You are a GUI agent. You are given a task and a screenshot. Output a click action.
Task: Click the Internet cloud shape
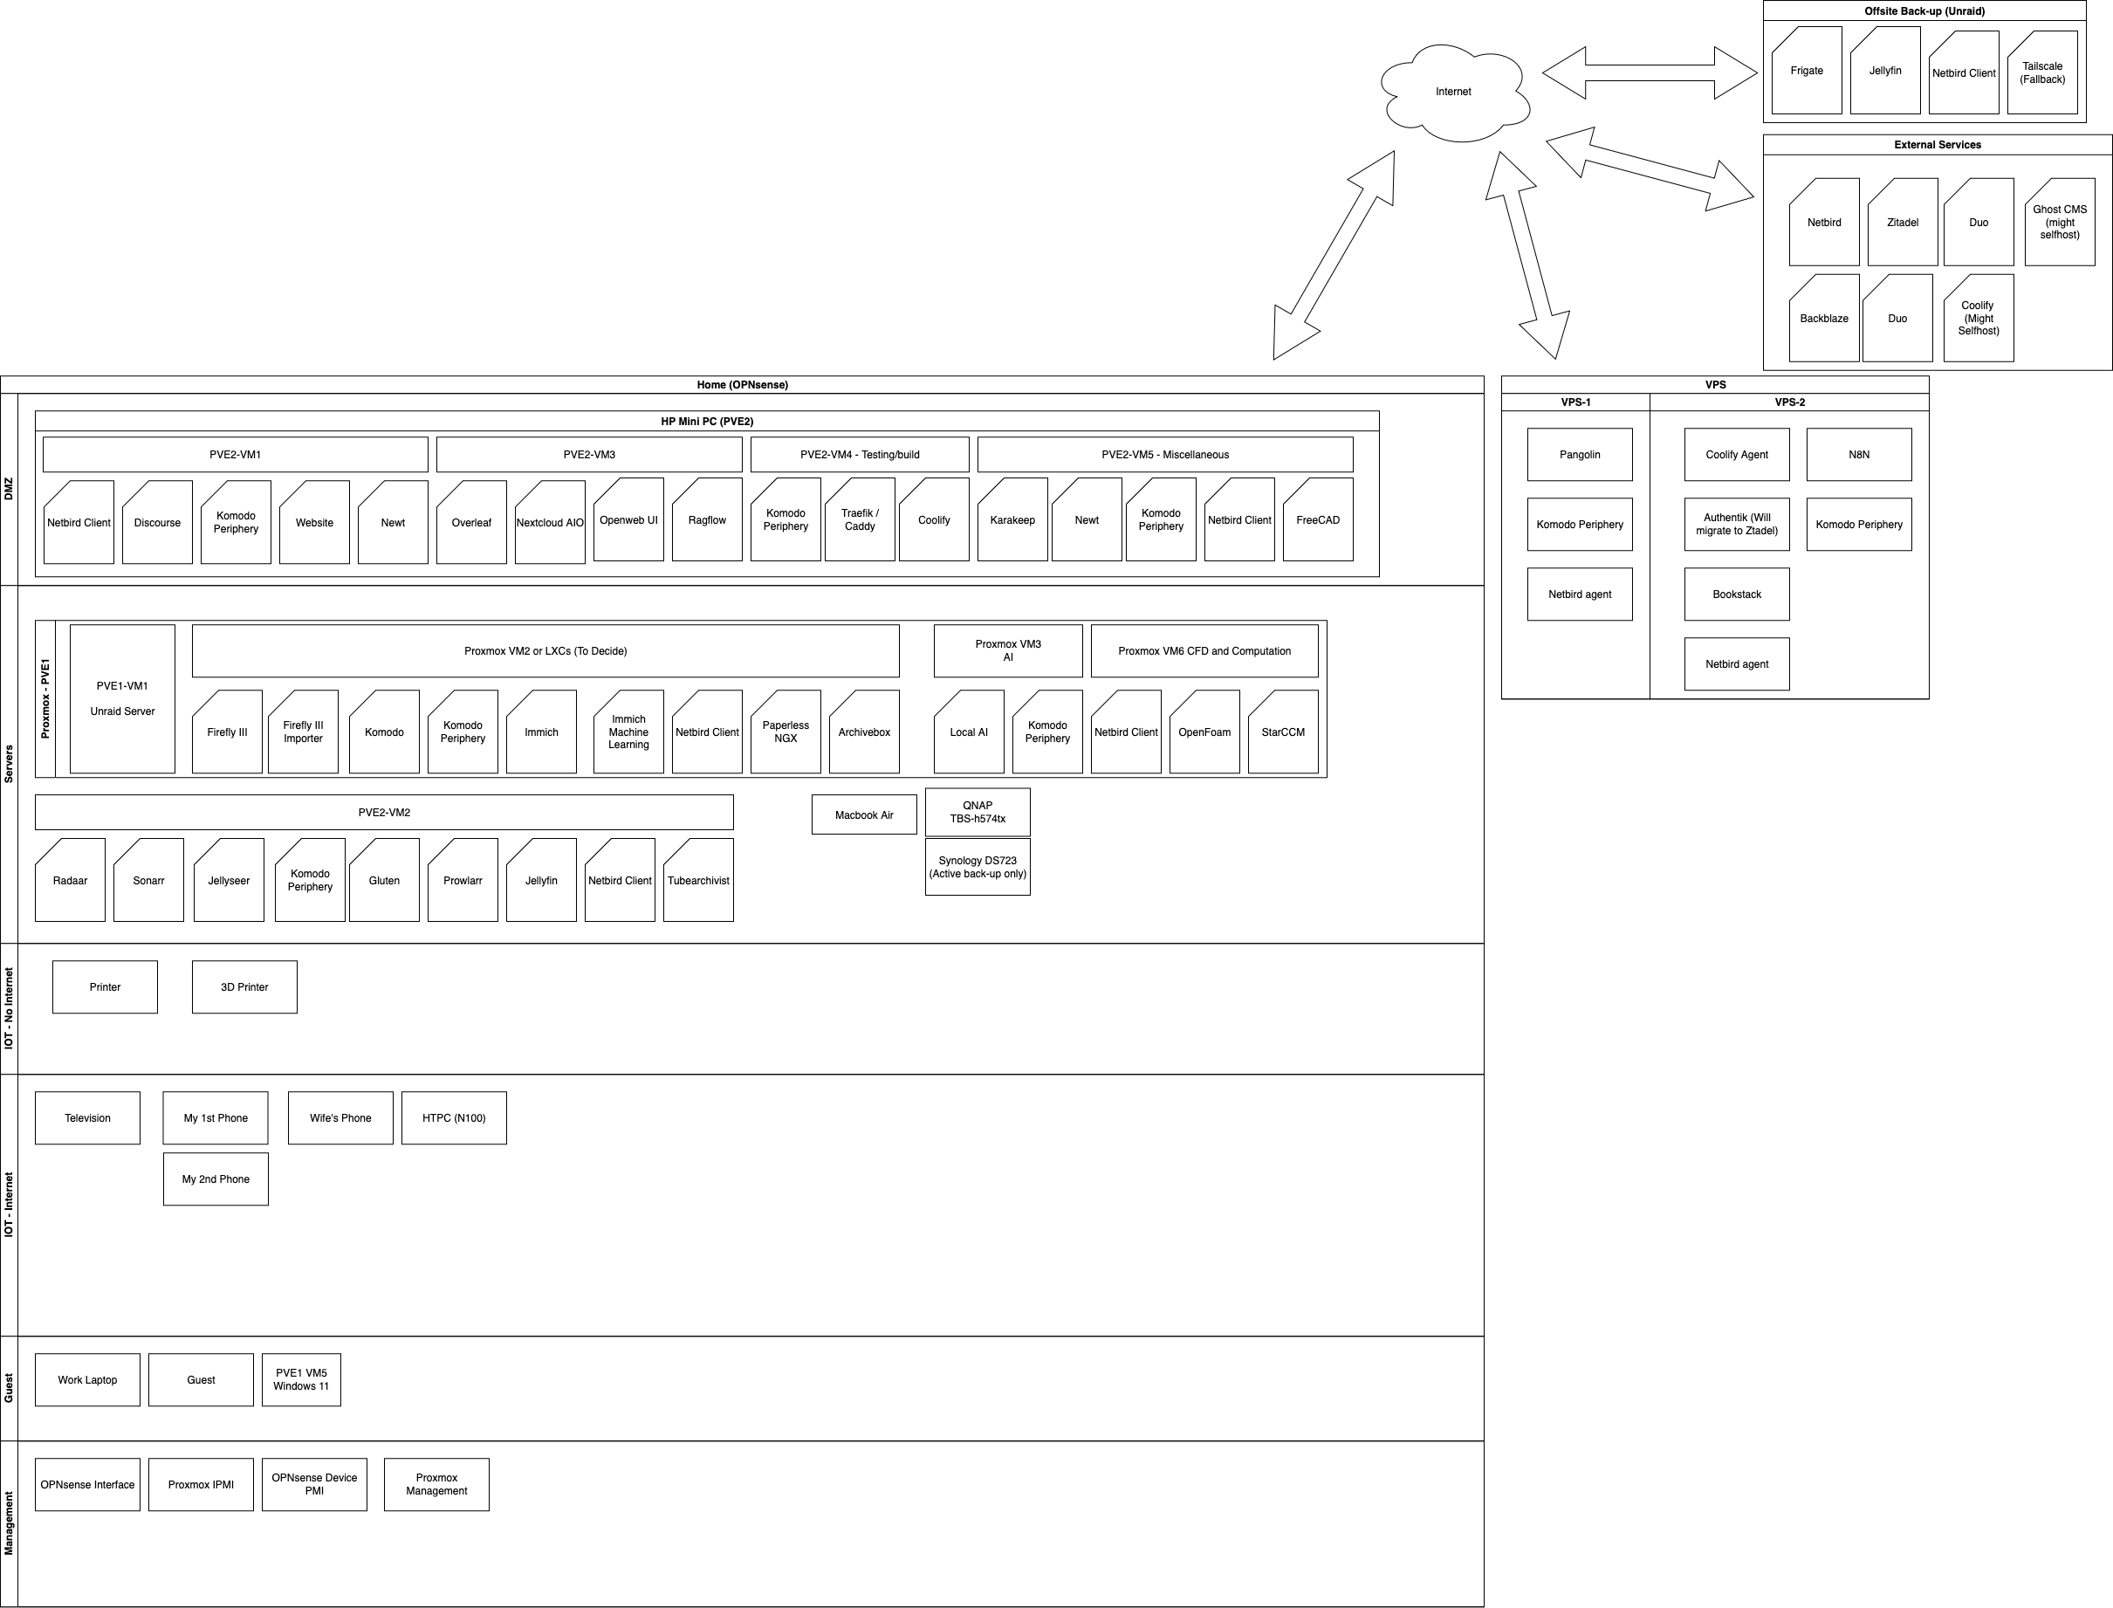point(1454,92)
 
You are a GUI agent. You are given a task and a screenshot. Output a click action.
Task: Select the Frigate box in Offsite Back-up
point(1807,71)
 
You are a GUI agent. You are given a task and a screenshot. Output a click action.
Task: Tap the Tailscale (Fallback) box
point(2042,72)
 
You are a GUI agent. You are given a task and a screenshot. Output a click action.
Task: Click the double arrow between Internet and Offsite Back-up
point(1650,72)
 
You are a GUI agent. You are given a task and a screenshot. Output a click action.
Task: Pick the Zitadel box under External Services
point(1903,222)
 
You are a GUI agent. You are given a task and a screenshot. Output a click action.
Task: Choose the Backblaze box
point(1824,319)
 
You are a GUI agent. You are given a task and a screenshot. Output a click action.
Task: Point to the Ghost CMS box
point(2061,222)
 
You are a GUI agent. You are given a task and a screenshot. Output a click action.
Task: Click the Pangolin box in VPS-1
point(1580,455)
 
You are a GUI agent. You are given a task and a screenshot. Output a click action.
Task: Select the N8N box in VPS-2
point(1859,455)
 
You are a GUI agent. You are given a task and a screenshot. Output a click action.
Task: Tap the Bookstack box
point(1737,594)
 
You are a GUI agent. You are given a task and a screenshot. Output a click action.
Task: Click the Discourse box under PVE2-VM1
point(157,523)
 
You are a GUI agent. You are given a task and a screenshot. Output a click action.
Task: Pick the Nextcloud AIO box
point(550,523)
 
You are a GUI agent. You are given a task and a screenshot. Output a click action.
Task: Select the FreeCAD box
point(1318,519)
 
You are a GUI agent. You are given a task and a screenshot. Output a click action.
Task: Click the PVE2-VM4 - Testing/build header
point(860,455)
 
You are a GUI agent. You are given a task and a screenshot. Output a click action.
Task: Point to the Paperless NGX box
point(786,732)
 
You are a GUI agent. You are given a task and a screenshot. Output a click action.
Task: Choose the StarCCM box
point(1283,732)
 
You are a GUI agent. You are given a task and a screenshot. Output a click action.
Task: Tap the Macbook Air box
point(864,815)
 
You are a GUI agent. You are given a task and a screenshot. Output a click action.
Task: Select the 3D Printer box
point(245,986)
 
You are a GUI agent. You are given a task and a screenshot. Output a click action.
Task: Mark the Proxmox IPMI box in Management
point(201,1485)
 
